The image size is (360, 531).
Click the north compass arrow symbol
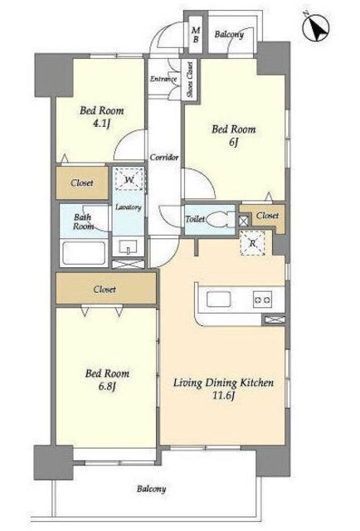click(316, 27)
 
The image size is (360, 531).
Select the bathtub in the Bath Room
click(83, 253)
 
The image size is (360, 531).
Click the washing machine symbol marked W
click(129, 179)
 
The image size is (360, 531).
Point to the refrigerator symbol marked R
click(252, 243)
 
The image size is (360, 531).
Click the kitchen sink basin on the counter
click(219, 300)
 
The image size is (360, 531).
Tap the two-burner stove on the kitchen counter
click(262, 300)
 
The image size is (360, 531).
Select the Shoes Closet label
click(190, 79)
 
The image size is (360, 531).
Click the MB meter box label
click(196, 35)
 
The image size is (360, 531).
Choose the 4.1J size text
click(101, 124)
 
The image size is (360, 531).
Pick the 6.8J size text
click(107, 387)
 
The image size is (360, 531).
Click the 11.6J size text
click(223, 396)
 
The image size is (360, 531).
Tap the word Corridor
click(164, 158)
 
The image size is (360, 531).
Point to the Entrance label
click(163, 79)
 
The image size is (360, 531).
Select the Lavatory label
click(129, 207)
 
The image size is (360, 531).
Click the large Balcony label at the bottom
click(152, 489)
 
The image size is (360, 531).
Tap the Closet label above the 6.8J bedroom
click(105, 290)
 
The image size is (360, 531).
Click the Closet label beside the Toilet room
click(267, 216)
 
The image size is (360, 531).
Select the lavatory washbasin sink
click(129, 246)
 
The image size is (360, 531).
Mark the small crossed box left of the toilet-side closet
click(244, 221)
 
